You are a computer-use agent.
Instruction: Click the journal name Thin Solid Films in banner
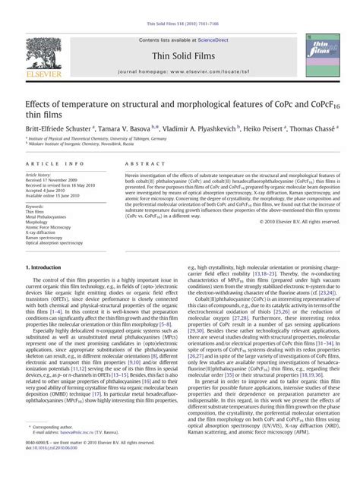pos(180,55)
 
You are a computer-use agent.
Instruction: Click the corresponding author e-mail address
pos(82,453)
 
